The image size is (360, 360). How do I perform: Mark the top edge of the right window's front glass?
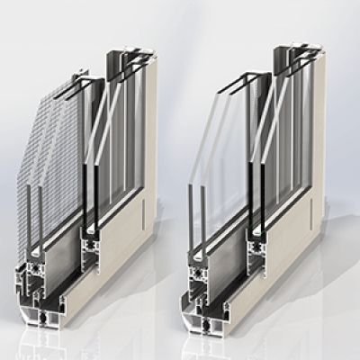pyautogui.click(x=229, y=85)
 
